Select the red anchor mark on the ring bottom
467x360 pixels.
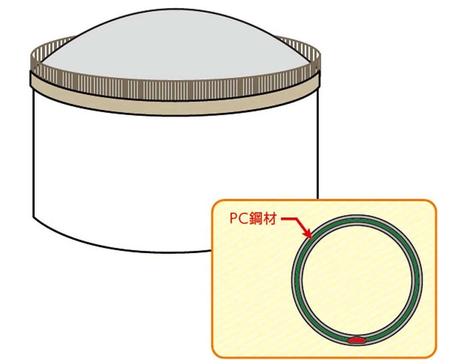356,340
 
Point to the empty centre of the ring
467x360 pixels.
356,279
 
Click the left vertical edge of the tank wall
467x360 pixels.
33,150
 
